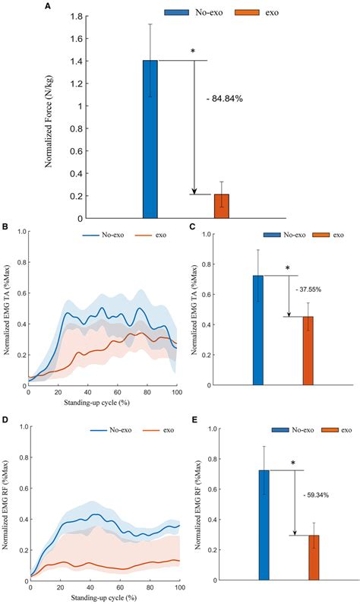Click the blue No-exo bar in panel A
click(150, 140)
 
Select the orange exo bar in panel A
click(221, 206)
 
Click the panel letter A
click(49, 5)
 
